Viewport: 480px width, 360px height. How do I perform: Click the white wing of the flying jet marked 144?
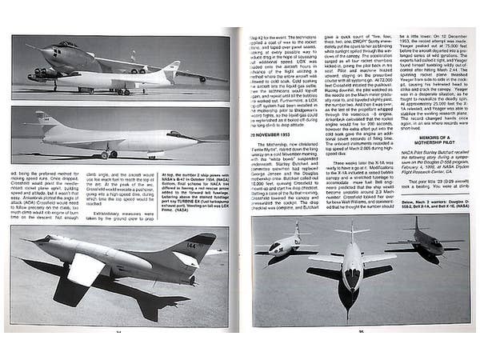(85, 269)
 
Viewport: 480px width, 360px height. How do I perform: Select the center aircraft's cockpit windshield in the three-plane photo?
(351, 274)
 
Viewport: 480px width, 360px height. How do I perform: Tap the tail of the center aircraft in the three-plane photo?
(351, 231)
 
